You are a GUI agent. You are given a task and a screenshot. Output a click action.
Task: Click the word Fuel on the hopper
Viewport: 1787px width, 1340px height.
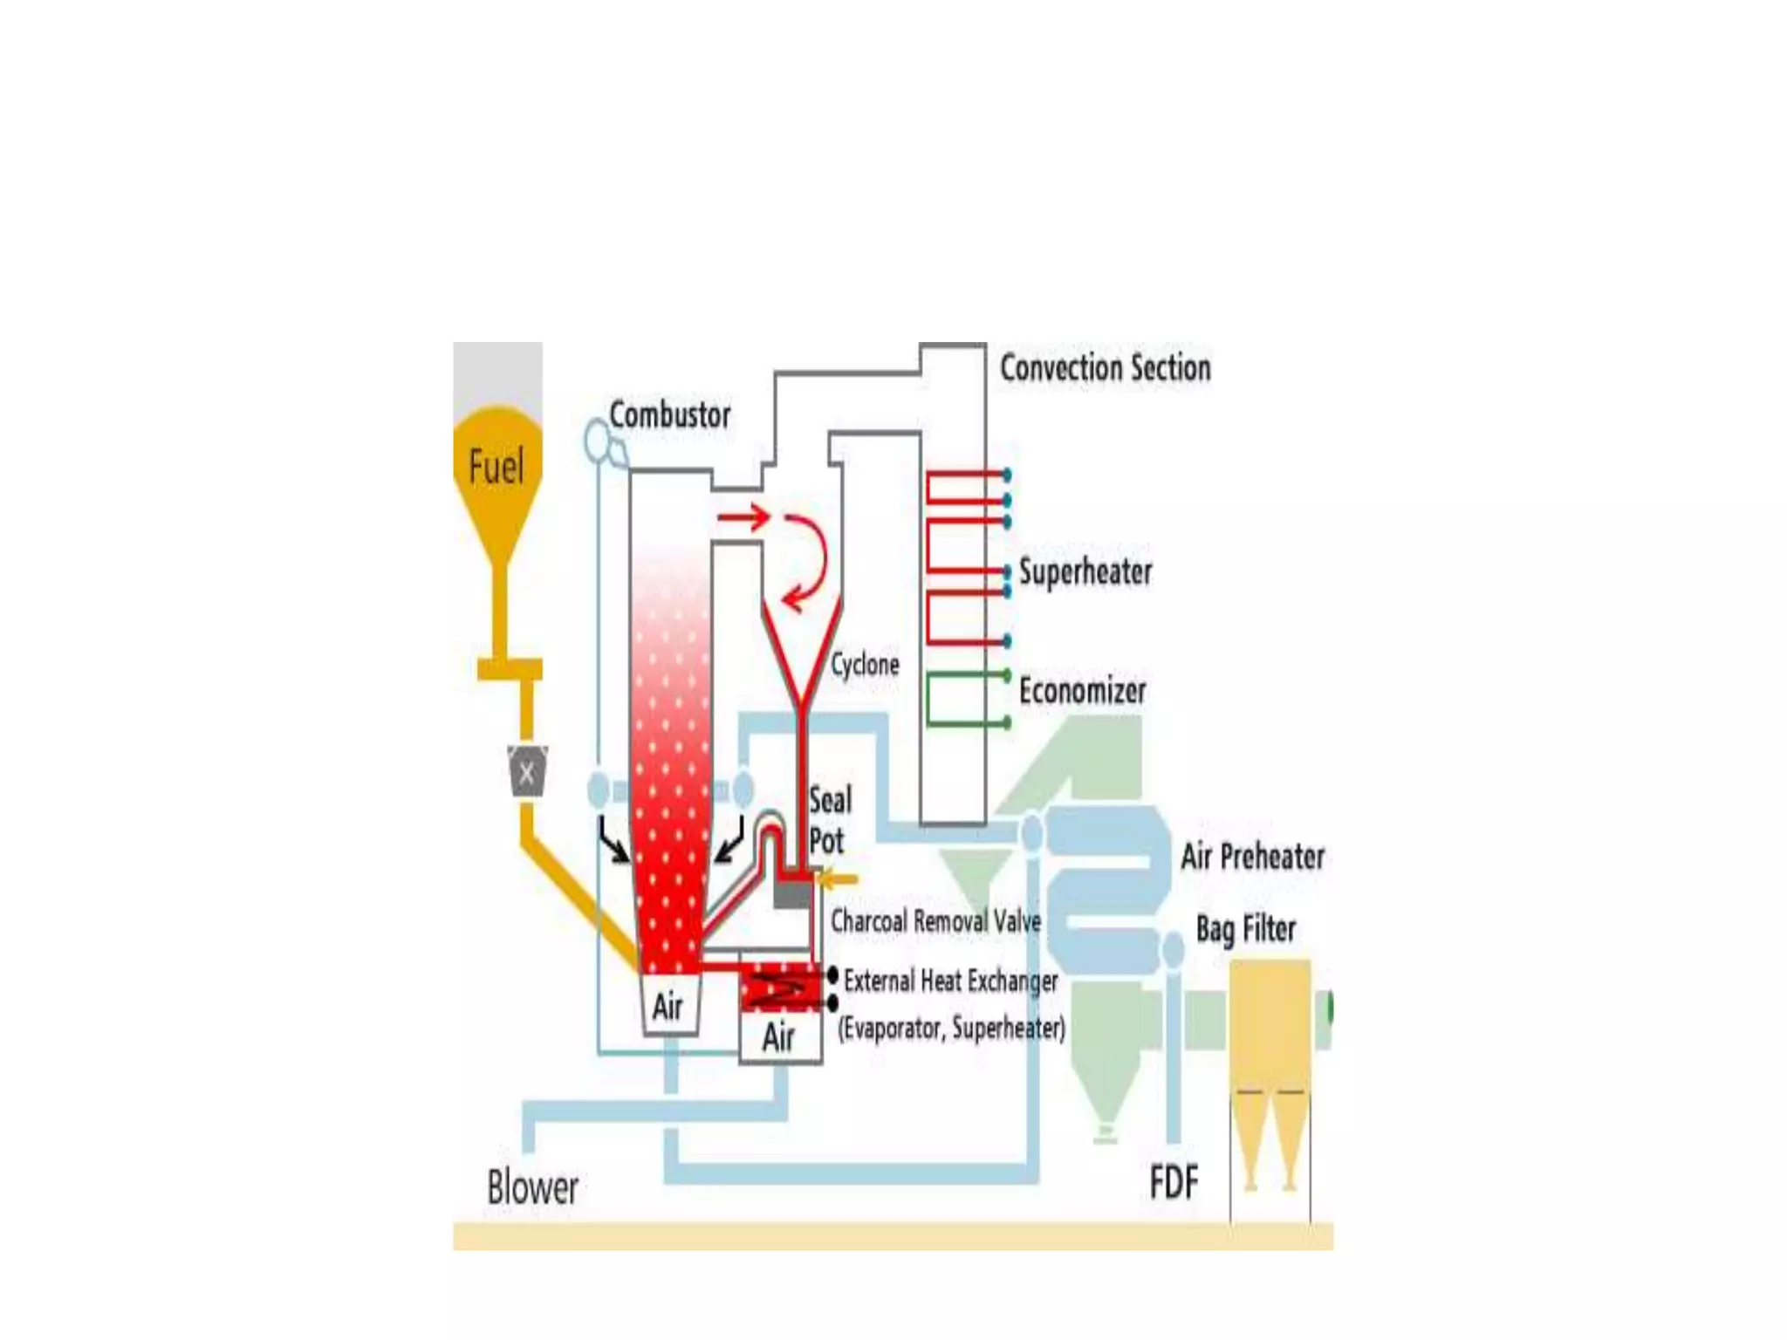pyautogui.click(x=496, y=466)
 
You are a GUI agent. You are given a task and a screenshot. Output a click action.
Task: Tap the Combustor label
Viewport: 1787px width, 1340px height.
pyautogui.click(x=669, y=414)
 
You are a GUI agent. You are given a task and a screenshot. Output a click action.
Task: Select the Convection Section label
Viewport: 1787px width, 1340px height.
pyautogui.click(x=1105, y=367)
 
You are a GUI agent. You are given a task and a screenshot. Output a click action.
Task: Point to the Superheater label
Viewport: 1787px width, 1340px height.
pyautogui.click(x=1085, y=572)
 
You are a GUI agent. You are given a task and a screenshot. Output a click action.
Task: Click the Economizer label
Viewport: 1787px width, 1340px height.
pyautogui.click(x=1082, y=691)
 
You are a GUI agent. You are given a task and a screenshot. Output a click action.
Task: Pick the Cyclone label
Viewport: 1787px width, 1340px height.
pyautogui.click(x=864, y=665)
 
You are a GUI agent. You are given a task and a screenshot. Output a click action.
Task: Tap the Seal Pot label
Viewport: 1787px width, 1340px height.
pyautogui.click(x=829, y=821)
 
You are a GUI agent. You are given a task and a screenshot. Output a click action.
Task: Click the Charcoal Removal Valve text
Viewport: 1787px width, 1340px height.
pyautogui.click(x=935, y=921)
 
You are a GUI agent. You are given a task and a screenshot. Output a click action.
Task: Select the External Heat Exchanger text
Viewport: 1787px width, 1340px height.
pyautogui.click(x=950, y=981)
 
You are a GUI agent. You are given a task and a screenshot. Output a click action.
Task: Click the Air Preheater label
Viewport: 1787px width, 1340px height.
pyautogui.click(x=1252, y=857)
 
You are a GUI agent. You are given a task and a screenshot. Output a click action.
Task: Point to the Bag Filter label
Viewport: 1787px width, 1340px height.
pyautogui.click(x=1245, y=929)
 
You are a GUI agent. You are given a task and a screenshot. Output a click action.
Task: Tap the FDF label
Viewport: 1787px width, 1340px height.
pyautogui.click(x=1174, y=1183)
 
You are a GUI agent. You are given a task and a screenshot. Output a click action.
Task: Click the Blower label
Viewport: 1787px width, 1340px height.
pyautogui.click(x=532, y=1187)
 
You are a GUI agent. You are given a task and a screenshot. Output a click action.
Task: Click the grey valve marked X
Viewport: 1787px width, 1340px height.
pyautogui.click(x=527, y=771)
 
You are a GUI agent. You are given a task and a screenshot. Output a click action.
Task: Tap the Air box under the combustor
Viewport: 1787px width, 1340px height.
pyautogui.click(x=669, y=1006)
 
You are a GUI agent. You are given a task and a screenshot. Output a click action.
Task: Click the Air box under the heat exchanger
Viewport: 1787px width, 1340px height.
pyautogui.click(x=779, y=1038)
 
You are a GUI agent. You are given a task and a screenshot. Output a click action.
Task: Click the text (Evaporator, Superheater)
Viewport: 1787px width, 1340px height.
pyautogui.click(x=951, y=1029)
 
